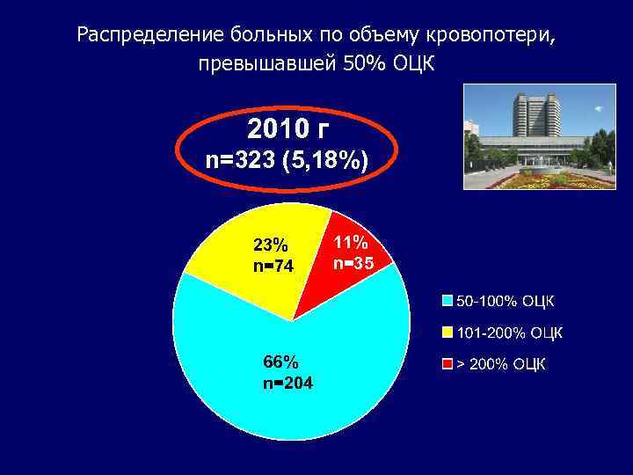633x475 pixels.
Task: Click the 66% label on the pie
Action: point(280,362)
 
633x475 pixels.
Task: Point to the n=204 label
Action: point(287,383)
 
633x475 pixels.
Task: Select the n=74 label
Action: point(273,266)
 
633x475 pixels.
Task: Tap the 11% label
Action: point(351,241)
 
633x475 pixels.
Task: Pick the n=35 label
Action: point(353,261)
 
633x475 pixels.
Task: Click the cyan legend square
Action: point(447,303)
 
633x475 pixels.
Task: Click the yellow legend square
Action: point(447,333)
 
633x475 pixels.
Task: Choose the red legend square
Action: point(447,363)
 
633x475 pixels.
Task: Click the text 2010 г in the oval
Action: point(287,130)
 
